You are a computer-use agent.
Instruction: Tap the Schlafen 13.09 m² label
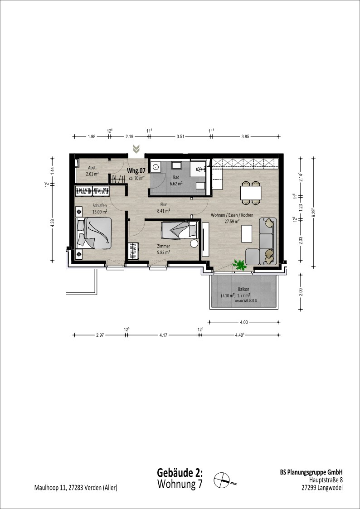(100, 208)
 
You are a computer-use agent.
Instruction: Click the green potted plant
(239, 265)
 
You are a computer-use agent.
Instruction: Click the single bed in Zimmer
(180, 229)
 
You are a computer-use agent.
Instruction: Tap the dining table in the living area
(251, 193)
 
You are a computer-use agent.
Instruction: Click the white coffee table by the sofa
(247, 233)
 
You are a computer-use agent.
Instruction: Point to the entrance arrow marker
(136, 149)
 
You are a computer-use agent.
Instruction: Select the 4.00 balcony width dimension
(244, 322)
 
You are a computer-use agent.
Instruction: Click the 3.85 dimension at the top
(245, 137)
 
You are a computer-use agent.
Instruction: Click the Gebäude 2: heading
(180, 472)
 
